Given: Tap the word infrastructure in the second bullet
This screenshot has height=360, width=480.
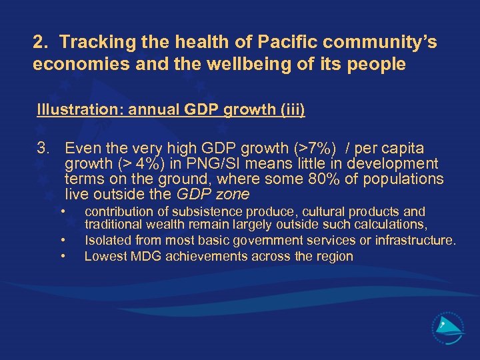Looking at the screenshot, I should [414, 240].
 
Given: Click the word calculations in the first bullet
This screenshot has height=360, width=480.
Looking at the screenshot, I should [393, 225].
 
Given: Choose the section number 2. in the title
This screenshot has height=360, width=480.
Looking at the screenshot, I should [41, 43].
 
